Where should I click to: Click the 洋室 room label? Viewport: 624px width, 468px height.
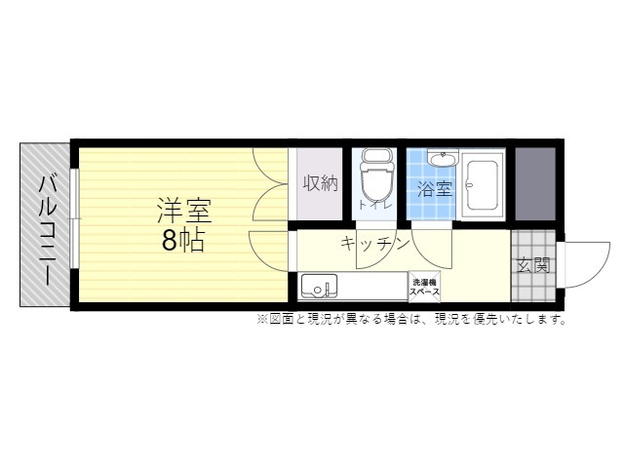pos(184,211)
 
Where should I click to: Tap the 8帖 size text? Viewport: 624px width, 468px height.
pos(183,241)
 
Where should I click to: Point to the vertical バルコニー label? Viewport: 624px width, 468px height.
pos(48,231)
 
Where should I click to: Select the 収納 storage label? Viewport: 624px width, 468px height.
pos(321,183)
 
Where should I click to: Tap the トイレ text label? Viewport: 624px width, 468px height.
pos(375,205)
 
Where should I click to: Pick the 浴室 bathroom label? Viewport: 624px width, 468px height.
pos(435,188)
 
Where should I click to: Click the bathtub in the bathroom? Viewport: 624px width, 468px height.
pos(483,184)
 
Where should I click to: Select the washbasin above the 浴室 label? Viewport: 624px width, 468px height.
pos(443,159)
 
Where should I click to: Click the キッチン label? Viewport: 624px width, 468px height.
pos(375,244)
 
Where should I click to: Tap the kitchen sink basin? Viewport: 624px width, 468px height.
pos(319,286)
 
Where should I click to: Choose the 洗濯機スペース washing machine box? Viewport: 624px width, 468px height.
pos(425,287)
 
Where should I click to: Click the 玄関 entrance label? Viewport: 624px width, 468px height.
pos(533,265)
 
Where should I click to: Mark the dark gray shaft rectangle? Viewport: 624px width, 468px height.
pos(535,184)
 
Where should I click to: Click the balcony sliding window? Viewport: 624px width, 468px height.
pos(74,218)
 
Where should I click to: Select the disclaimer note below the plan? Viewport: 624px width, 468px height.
pos(411,320)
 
